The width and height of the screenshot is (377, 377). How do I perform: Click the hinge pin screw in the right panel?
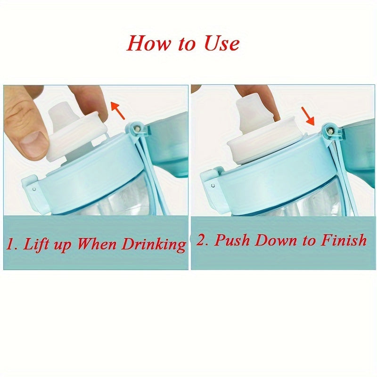pos(329,129)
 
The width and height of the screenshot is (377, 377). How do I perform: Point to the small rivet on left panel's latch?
pos(35,188)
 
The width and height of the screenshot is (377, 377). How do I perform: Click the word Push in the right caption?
pos(229,240)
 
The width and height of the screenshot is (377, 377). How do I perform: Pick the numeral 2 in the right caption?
pos(201,241)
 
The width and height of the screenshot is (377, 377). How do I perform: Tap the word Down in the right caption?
pos(274,240)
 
